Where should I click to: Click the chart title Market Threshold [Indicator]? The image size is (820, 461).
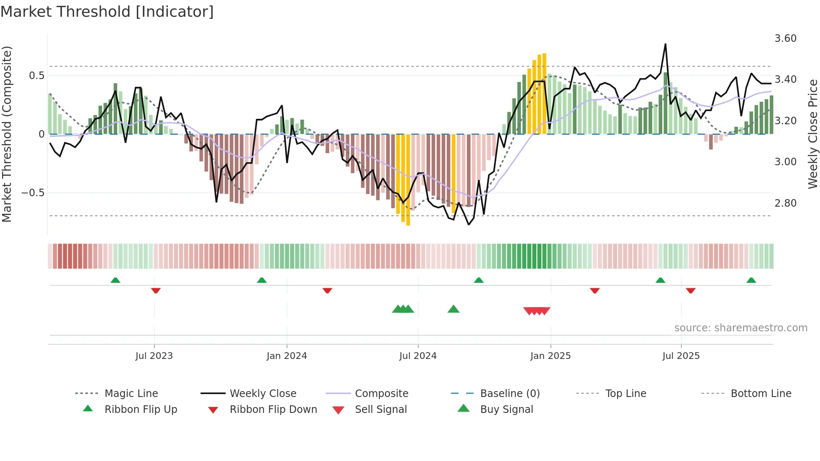[107, 12]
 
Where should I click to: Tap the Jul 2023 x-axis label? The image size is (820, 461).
[154, 356]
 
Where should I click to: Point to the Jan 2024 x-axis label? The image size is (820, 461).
[287, 356]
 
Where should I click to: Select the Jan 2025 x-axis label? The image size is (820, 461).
[550, 356]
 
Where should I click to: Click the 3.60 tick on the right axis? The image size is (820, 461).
[785, 38]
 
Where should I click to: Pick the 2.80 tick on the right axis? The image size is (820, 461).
[785, 203]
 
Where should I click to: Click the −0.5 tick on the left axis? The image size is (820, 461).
[33, 193]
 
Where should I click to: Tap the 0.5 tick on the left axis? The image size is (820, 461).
[36, 76]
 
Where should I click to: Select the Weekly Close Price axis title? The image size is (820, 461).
[812, 134]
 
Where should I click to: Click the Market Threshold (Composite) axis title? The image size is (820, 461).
[7, 134]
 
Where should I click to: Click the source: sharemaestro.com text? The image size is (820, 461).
[741, 328]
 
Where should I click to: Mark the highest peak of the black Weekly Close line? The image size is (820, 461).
[665, 44]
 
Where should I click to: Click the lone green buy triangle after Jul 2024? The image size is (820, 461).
[454, 309]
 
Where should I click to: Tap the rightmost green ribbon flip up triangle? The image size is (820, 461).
[751, 280]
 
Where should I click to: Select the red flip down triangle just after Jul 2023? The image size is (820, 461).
[156, 290]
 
